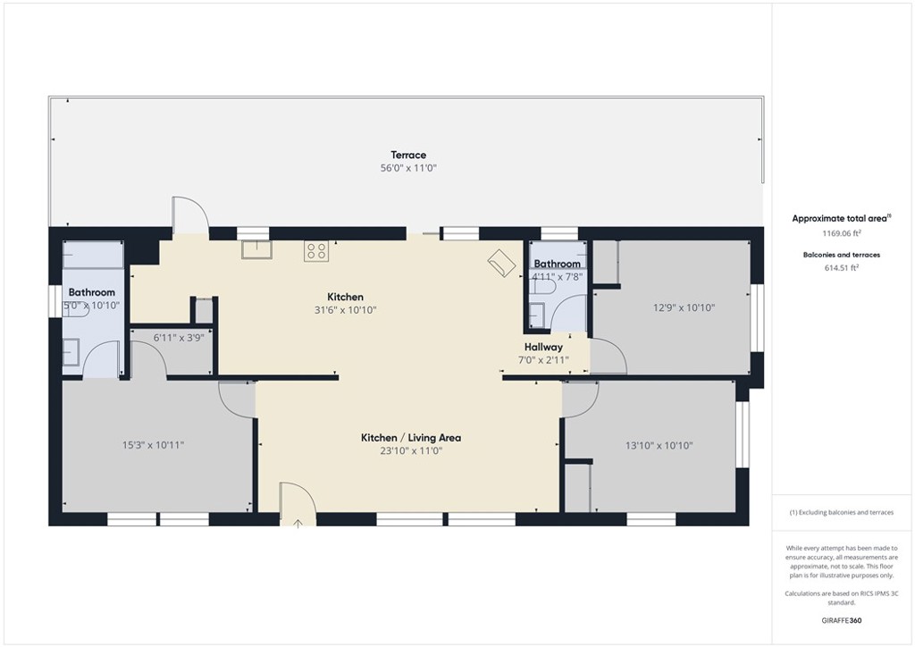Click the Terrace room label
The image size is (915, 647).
pyautogui.click(x=407, y=155)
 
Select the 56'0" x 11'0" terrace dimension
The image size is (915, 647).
pyautogui.click(x=407, y=168)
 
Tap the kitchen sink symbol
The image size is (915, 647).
pyautogui.click(x=256, y=250)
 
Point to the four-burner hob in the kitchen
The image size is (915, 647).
pyautogui.click(x=315, y=251)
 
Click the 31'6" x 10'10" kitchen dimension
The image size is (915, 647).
pyautogui.click(x=345, y=310)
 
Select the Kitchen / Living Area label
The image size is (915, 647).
pyautogui.click(x=410, y=438)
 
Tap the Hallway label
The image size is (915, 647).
pyautogui.click(x=543, y=347)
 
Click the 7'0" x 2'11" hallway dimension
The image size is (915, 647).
pyautogui.click(x=543, y=360)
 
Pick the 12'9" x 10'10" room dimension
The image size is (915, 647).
pyautogui.click(x=684, y=307)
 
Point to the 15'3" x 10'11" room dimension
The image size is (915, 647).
pyautogui.click(x=153, y=444)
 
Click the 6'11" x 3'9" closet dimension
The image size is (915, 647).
pyautogui.click(x=174, y=338)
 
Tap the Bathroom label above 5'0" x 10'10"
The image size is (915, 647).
pyautogui.click(x=92, y=292)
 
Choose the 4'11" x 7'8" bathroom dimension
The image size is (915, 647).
pyautogui.click(x=557, y=277)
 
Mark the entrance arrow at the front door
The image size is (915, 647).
pyautogui.click(x=298, y=522)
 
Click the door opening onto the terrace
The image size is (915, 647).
pyautogui.click(x=189, y=215)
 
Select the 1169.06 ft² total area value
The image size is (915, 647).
pyautogui.click(x=841, y=233)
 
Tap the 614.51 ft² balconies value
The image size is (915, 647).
pyautogui.click(x=841, y=267)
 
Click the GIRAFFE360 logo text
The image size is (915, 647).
pyautogui.click(x=841, y=620)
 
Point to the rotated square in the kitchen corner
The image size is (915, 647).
pyautogui.click(x=499, y=263)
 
